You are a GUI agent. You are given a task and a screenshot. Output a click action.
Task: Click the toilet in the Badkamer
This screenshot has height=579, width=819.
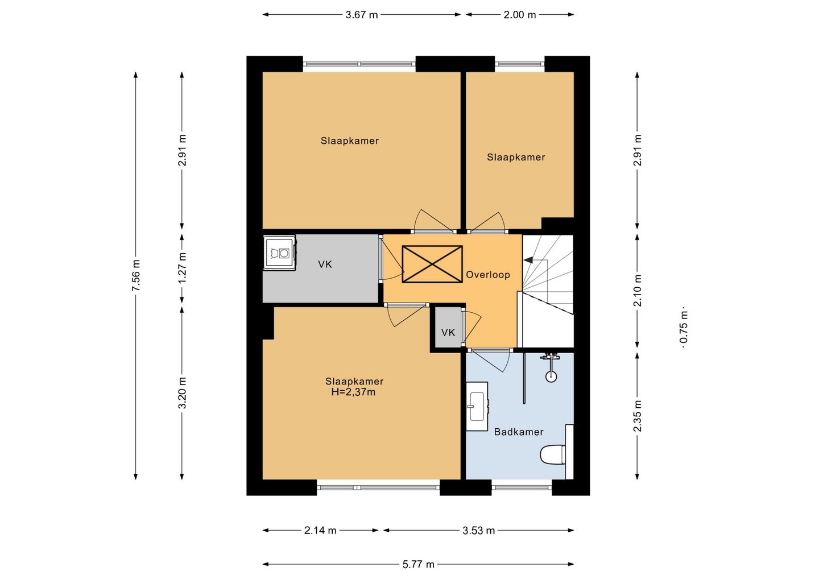552,454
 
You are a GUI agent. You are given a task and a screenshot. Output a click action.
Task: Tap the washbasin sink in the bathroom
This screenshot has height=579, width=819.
477,407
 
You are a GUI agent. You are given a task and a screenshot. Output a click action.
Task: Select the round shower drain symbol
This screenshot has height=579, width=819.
551,377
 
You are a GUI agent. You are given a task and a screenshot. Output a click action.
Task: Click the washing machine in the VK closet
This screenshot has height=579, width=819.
279,253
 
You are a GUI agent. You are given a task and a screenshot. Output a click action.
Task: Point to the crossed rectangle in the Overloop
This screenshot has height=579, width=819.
432,264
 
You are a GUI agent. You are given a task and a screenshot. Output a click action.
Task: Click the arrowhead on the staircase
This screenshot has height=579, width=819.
528,259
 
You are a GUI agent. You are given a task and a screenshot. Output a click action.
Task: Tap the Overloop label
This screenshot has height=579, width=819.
488,275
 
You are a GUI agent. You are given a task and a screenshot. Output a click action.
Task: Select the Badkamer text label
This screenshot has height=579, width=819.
519,432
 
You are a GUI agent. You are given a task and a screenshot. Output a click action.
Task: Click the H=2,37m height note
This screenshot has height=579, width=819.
353,392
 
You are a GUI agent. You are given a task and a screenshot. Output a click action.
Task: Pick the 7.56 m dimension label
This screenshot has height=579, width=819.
135,276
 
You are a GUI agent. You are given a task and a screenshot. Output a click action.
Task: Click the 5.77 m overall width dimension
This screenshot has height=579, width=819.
418,564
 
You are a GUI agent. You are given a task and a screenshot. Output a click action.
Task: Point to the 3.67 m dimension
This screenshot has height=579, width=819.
362,15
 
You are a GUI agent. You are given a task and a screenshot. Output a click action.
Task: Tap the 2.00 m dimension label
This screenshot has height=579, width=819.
520,15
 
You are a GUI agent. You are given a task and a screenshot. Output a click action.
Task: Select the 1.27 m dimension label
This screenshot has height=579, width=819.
182,267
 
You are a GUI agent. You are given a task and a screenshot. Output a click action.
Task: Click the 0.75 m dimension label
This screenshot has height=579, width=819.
684,327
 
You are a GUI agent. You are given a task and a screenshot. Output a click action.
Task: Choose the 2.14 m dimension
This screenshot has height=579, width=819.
320,531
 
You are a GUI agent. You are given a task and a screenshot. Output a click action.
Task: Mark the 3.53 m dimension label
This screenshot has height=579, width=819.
478,531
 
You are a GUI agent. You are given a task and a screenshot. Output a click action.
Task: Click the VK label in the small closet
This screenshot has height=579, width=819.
448,332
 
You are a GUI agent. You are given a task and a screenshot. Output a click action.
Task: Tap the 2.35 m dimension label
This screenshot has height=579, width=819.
637,416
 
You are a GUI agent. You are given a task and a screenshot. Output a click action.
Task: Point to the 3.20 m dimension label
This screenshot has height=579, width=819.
182,392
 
